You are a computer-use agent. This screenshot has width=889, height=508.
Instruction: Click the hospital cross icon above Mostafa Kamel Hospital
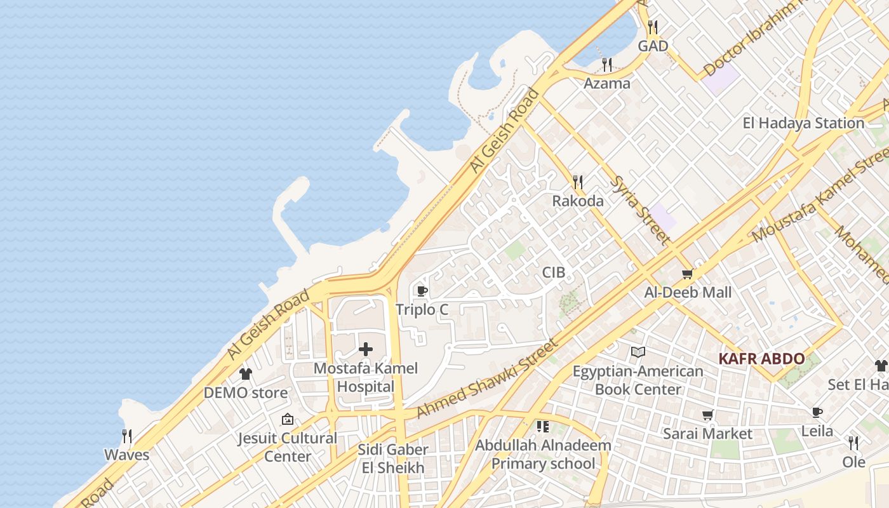pyautogui.click(x=366, y=349)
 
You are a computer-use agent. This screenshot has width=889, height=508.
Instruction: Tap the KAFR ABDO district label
pyautogui.click(x=761, y=359)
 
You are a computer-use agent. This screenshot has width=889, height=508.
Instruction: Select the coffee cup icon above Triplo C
pyautogui.click(x=421, y=291)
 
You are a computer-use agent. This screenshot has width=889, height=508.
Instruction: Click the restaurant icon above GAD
pyautogui.click(x=653, y=27)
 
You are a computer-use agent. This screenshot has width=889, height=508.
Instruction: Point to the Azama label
pyautogui.click(x=607, y=83)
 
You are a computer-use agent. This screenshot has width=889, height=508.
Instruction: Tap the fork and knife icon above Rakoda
pyautogui.click(x=578, y=182)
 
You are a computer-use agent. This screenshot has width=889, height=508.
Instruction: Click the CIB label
pyautogui.click(x=553, y=273)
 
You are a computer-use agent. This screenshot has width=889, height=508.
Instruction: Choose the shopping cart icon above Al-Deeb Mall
pyautogui.click(x=687, y=274)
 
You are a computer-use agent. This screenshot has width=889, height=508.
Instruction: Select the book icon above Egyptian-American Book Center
pyautogui.click(x=638, y=352)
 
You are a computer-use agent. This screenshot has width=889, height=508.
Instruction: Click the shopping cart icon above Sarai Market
pyautogui.click(x=707, y=415)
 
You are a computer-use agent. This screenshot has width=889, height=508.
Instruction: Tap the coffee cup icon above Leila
pyautogui.click(x=817, y=413)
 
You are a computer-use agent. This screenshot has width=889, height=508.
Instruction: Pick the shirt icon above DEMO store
pyautogui.click(x=246, y=374)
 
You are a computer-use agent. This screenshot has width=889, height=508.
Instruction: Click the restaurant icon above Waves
pyautogui.click(x=127, y=436)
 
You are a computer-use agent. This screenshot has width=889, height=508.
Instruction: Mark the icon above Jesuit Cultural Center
pyautogui.click(x=288, y=419)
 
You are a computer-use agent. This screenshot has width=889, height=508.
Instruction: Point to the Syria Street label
pyautogui.click(x=640, y=210)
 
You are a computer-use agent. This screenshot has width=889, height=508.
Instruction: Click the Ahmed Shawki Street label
pyautogui.click(x=487, y=379)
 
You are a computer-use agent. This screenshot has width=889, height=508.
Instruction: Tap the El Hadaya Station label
pyautogui.click(x=803, y=123)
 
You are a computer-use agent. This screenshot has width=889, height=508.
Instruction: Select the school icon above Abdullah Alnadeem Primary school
pyautogui.click(x=542, y=426)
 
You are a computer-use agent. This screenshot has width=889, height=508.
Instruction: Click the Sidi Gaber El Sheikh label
pyautogui.click(x=393, y=458)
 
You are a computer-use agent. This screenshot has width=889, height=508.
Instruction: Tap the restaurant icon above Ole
pyautogui.click(x=853, y=443)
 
